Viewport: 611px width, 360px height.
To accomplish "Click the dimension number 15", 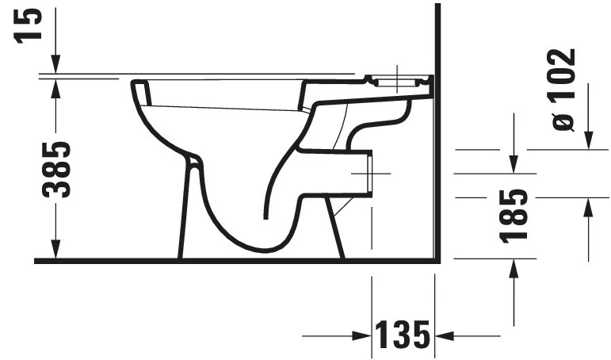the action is point(28,25).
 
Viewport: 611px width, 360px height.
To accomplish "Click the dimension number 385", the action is point(56,170).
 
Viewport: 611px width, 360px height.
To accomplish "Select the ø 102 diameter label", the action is point(563,90).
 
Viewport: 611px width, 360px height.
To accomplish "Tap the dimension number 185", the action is point(514,216).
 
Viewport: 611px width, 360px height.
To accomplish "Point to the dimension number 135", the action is point(403,335).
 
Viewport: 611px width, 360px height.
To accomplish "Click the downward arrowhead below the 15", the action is point(55,64).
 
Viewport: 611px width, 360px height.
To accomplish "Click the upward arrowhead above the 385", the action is point(55,88).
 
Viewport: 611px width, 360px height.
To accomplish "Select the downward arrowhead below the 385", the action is point(55,250).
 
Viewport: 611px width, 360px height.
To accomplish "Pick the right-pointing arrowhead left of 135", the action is point(361,335).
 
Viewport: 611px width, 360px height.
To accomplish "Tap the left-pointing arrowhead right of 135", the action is point(445,335).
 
